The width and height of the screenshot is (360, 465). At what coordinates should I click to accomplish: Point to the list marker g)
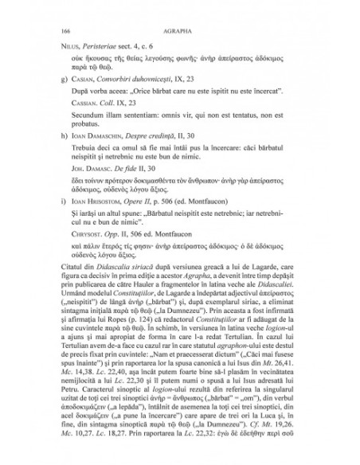tap(52, 92)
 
